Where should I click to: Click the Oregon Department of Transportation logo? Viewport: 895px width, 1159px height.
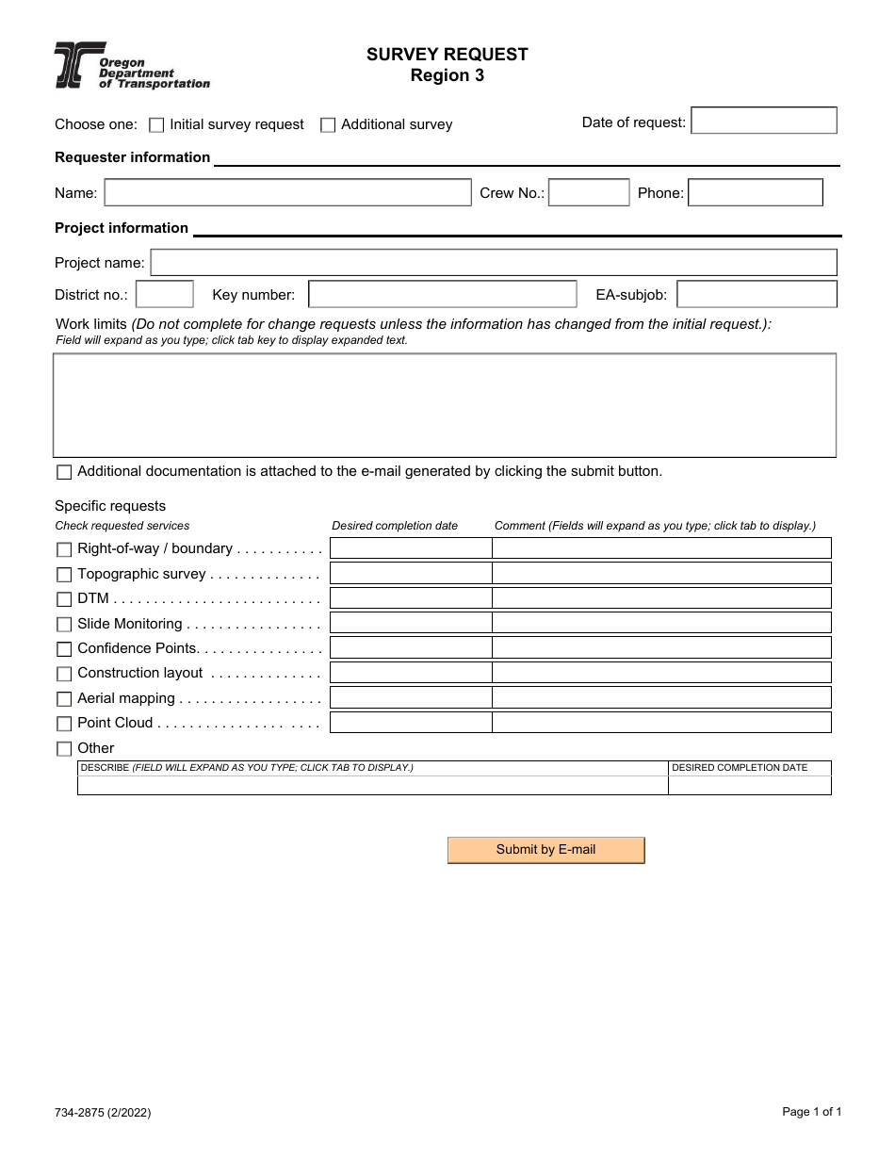click(x=131, y=66)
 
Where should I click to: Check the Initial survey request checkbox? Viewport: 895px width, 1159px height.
click(x=157, y=124)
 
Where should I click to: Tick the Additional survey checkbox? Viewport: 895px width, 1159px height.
click(x=328, y=124)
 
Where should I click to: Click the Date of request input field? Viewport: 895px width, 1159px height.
click(x=763, y=121)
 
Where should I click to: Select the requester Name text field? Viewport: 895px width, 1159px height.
click(x=287, y=192)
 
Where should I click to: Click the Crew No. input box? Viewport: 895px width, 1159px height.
click(x=588, y=192)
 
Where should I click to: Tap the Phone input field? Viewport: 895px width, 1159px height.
click(x=755, y=192)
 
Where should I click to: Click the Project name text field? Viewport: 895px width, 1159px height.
click(x=493, y=262)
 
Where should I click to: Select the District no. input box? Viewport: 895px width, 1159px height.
click(x=165, y=294)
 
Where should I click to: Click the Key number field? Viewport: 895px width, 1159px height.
click(x=443, y=294)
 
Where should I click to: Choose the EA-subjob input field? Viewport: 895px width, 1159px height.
click(x=757, y=294)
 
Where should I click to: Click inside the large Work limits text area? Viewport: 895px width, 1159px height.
click(x=444, y=405)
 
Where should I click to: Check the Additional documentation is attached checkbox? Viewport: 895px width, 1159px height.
click(x=64, y=472)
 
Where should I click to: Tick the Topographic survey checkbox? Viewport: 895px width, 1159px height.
click(x=64, y=575)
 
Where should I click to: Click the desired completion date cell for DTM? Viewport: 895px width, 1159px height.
click(x=411, y=598)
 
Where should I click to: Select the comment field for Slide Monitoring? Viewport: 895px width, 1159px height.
click(x=661, y=623)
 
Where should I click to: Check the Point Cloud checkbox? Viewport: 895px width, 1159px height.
click(x=64, y=724)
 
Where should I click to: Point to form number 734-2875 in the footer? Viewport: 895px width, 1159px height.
click(x=103, y=1113)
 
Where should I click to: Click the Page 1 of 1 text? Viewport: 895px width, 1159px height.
click(x=811, y=1112)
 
